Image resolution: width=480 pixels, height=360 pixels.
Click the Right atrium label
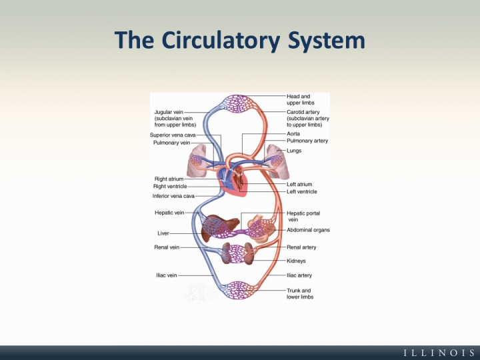pos(169,179)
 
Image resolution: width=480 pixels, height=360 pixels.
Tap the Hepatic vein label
pos(169,213)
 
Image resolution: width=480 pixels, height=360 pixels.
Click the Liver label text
pos(163,233)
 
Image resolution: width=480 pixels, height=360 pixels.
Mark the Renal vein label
pos(167,247)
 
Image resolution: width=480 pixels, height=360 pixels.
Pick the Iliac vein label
pos(166,275)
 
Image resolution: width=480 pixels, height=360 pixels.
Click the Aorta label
pos(293,134)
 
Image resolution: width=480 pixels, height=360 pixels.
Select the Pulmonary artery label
pos(307,141)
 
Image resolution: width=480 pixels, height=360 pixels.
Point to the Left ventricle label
pos(301,192)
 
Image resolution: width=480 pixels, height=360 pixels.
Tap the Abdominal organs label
pos(308,230)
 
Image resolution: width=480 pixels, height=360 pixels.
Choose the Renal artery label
pos(301,247)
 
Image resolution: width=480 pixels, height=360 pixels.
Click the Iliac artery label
pos(299,275)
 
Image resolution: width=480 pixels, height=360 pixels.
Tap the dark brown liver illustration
pos(216,226)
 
